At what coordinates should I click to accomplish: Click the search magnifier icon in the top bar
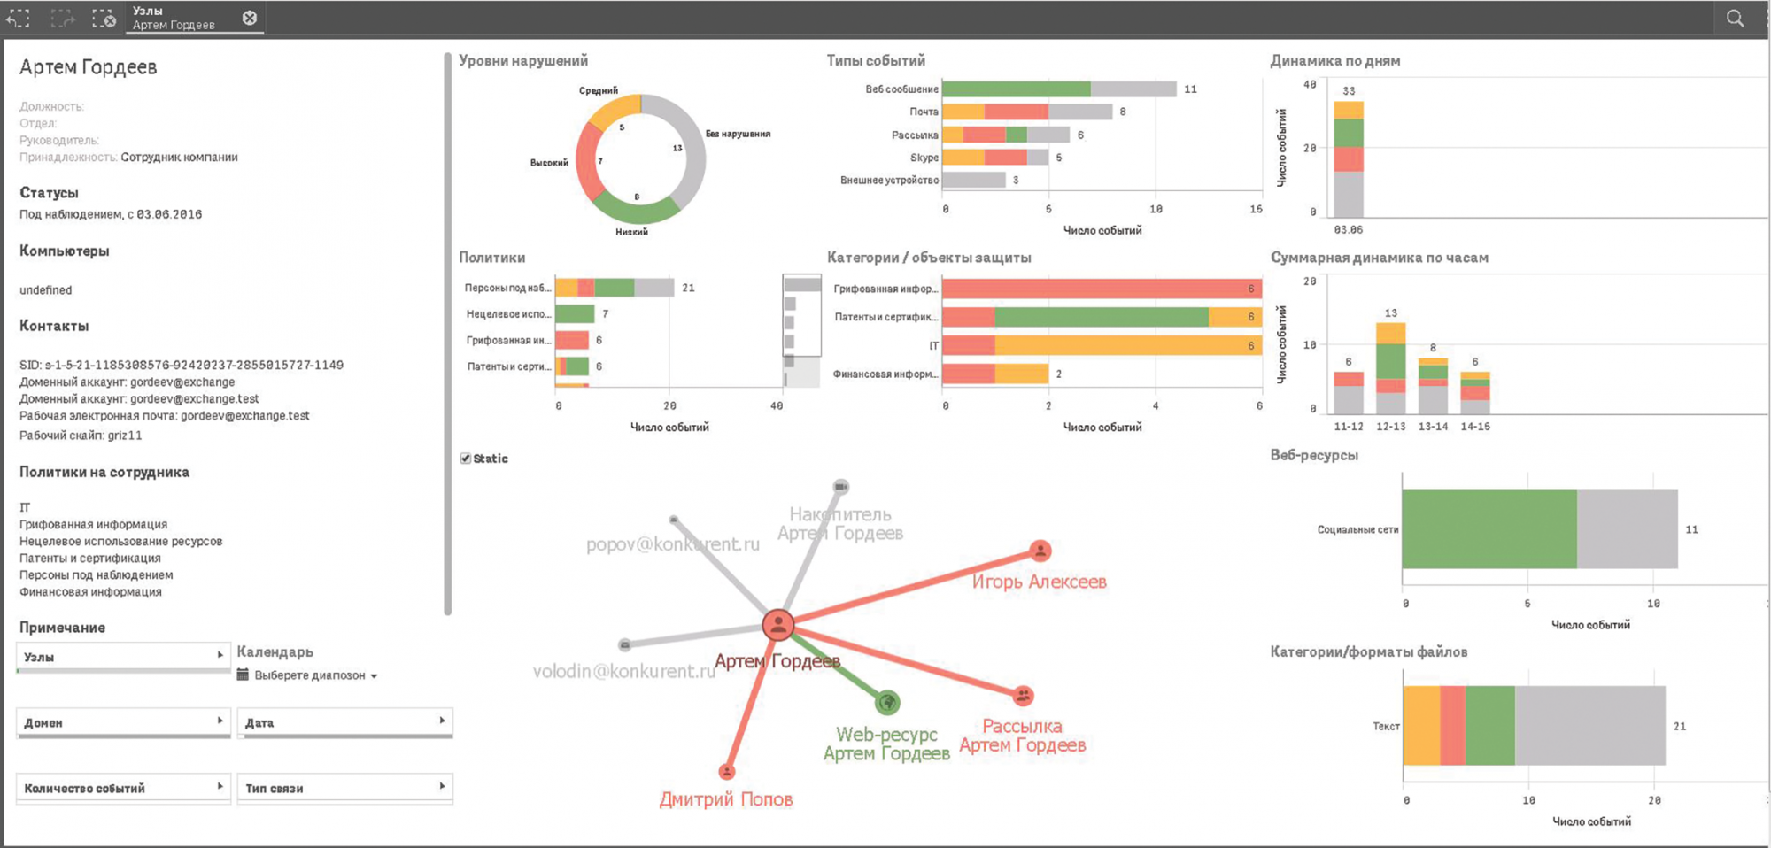tap(1735, 18)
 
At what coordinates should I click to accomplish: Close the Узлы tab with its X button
tap(250, 18)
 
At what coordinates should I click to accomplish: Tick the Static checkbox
tap(466, 459)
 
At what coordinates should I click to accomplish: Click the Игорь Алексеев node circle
tap(1040, 551)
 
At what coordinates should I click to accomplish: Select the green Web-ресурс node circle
tap(887, 703)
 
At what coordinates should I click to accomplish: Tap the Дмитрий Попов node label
tap(726, 799)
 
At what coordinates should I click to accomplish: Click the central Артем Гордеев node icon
tap(777, 625)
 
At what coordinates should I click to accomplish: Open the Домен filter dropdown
tap(123, 722)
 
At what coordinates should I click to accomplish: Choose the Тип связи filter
tap(344, 788)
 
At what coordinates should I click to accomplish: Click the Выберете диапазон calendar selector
tap(309, 675)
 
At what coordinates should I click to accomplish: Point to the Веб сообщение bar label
tap(901, 89)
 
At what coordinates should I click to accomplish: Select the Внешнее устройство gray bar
tap(974, 181)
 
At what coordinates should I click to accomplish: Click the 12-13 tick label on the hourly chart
tap(1390, 427)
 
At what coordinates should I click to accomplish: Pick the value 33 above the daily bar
tap(1349, 91)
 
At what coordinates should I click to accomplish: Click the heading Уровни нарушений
tap(523, 61)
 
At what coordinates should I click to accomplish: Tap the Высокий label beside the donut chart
tap(549, 163)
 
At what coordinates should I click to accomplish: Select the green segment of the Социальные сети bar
tap(1489, 529)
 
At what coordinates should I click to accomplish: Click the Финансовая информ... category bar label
tap(885, 374)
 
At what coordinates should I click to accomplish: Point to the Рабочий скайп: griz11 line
tap(81, 436)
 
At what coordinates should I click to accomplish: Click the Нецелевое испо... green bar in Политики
tap(575, 314)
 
